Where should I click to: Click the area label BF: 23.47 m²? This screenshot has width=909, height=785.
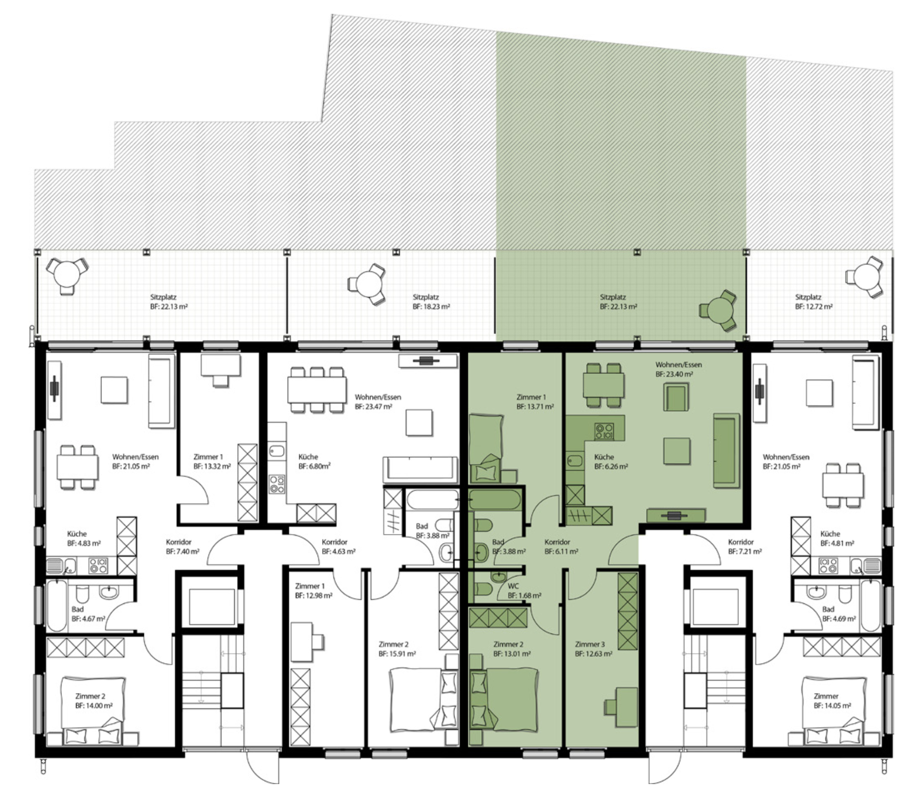pos(373,407)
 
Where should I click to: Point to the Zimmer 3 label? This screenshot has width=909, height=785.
pos(589,644)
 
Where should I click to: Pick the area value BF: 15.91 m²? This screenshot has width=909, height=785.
pos(397,654)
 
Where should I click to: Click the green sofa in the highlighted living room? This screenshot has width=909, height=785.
pos(726,451)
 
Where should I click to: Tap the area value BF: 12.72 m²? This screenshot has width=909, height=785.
pos(814,307)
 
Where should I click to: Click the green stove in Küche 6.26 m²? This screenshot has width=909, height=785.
pos(604,431)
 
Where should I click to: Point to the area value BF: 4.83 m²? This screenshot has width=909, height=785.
pos(84,543)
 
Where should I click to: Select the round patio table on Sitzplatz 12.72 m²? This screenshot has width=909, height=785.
pos(866,277)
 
